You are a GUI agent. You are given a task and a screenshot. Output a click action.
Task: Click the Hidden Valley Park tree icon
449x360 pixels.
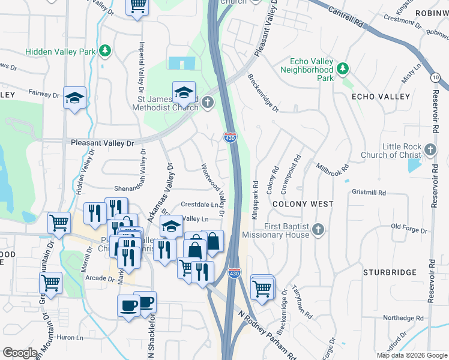105,50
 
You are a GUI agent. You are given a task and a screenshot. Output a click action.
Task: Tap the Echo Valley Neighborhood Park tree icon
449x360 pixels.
342,68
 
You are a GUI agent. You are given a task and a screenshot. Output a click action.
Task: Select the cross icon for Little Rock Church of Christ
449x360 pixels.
430,149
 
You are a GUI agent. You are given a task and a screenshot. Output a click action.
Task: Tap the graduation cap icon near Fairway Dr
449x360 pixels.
75,98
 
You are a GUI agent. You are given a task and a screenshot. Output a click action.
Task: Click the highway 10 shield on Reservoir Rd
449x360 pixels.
435,77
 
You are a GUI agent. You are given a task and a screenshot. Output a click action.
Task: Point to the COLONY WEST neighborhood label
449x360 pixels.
303,204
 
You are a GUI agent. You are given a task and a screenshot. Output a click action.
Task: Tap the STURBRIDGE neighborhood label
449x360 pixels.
390,272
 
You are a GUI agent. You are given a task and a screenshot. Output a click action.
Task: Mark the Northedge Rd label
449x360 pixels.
403,318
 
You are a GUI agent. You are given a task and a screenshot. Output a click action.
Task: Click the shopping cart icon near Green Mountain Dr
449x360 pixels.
50,283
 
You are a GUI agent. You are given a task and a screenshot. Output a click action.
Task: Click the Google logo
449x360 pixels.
20,353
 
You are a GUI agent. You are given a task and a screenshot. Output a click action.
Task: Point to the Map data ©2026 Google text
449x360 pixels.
411,355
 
